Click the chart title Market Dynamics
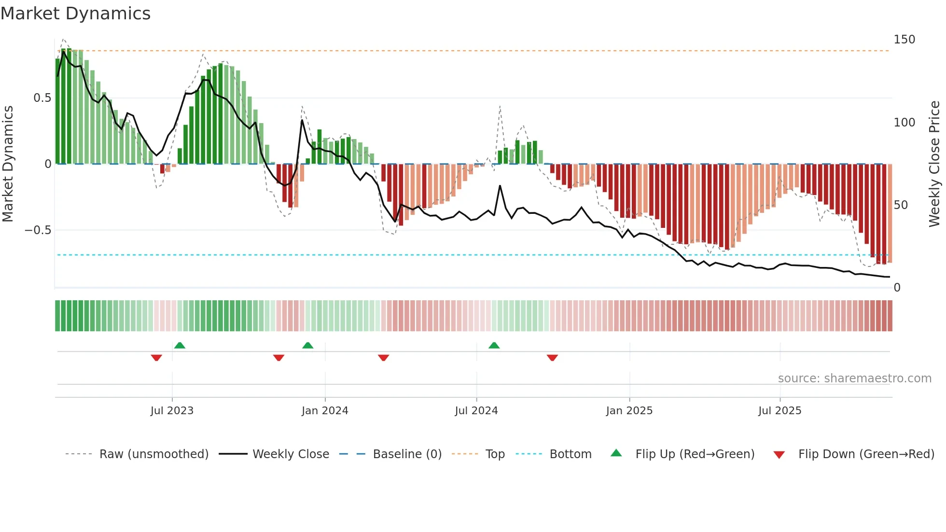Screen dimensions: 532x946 pos(76,14)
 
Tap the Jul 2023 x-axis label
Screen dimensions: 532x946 pos(172,411)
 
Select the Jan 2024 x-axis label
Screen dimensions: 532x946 pos(325,411)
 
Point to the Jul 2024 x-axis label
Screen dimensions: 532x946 pos(476,411)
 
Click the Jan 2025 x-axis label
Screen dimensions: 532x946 pos(629,411)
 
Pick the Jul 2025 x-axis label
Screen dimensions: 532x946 pos(780,411)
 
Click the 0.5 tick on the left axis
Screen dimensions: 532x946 pos(42,98)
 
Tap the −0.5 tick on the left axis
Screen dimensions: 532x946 pos(38,230)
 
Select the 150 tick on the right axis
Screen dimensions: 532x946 pos(904,40)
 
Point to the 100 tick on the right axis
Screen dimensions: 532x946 pos(904,123)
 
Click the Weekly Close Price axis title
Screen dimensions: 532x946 pos(935,164)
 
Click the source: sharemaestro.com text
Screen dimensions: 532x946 pos(854,378)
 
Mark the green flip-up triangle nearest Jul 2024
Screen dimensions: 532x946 pos(494,346)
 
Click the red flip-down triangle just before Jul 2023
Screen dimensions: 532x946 pos(156,358)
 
